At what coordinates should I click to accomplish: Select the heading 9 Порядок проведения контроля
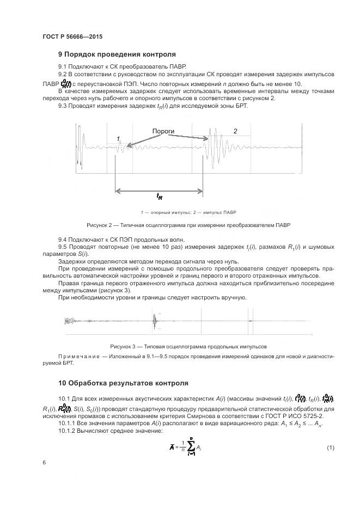pyautogui.click(x=117, y=54)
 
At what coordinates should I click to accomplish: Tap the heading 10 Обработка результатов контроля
pyautogui.click(x=123, y=383)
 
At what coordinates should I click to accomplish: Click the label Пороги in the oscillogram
pyautogui.click(x=163, y=132)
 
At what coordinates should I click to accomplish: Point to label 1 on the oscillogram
pyautogui.click(x=118, y=139)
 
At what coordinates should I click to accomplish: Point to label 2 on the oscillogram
pyautogui.click(x=235, y=131)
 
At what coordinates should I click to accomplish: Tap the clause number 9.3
pyautogui.click(x=64, y=106)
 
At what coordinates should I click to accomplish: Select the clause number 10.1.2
pyautogui.click(x=68, y=422)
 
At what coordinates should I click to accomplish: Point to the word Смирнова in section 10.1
pyautogui.click(x=212, y=415)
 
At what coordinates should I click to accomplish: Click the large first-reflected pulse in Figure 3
pyautogui.click(x=155, y=322)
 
